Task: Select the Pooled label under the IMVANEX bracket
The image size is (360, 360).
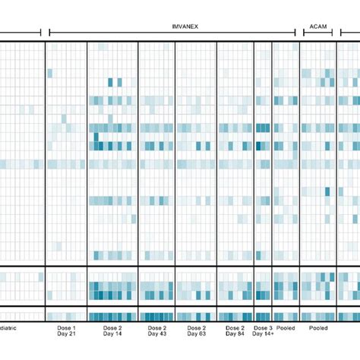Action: pyautogui.click(x=286, y=328)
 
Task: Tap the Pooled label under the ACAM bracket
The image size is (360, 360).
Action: pyautogui.click(x=318, y=328)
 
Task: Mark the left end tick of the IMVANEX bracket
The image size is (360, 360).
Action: pyautogui.click(x=49, y=33)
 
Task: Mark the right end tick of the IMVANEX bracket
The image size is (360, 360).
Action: pyautogui.click(x=295, y=33)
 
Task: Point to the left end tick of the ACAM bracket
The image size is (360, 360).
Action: pyautogui.click(x=304, y=33)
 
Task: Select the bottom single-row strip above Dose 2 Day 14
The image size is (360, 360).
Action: pyautogui.click(x=112, y=316)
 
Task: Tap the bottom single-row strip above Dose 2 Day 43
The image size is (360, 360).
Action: pyautogui.click(x=156, y=316)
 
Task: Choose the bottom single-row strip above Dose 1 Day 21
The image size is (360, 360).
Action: pyautogui.click(x=66, y=316)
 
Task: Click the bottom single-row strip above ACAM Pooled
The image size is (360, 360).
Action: pyautogui.click(x=318, y=316)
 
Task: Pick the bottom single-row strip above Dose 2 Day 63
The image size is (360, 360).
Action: pyautogui.click(x=196, y=316)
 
